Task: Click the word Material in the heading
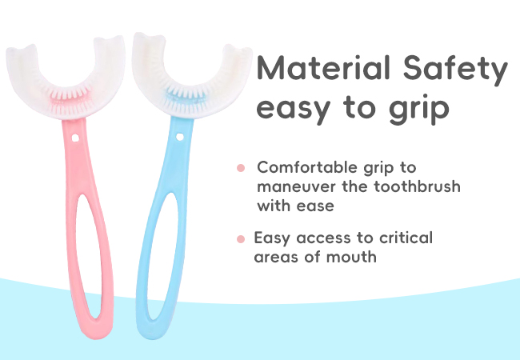pyautogui.click(x=323, y=68)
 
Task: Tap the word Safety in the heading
pyautogui.click(x=455, y=70)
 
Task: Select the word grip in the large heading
pyautogui.click(x=419, y=109)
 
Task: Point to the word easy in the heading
pyautogui.click(x=294, y=110)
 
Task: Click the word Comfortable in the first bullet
pyautogui.click(x=307, y=167)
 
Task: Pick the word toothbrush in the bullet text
pyautogui.click(x=418, y=186)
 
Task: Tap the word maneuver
pyautogui.click(x=296, y=187)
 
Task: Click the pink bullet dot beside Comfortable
pyautogui.click(x=241, y=168)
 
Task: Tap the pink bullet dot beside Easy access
pyautogui.click(x=241, y=238)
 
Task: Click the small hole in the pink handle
pyautogui.click(x=75, y=138)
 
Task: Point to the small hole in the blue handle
pyautogui.click(x=180, y=137)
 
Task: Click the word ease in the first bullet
pyautogui.click(x=315, y=206)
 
